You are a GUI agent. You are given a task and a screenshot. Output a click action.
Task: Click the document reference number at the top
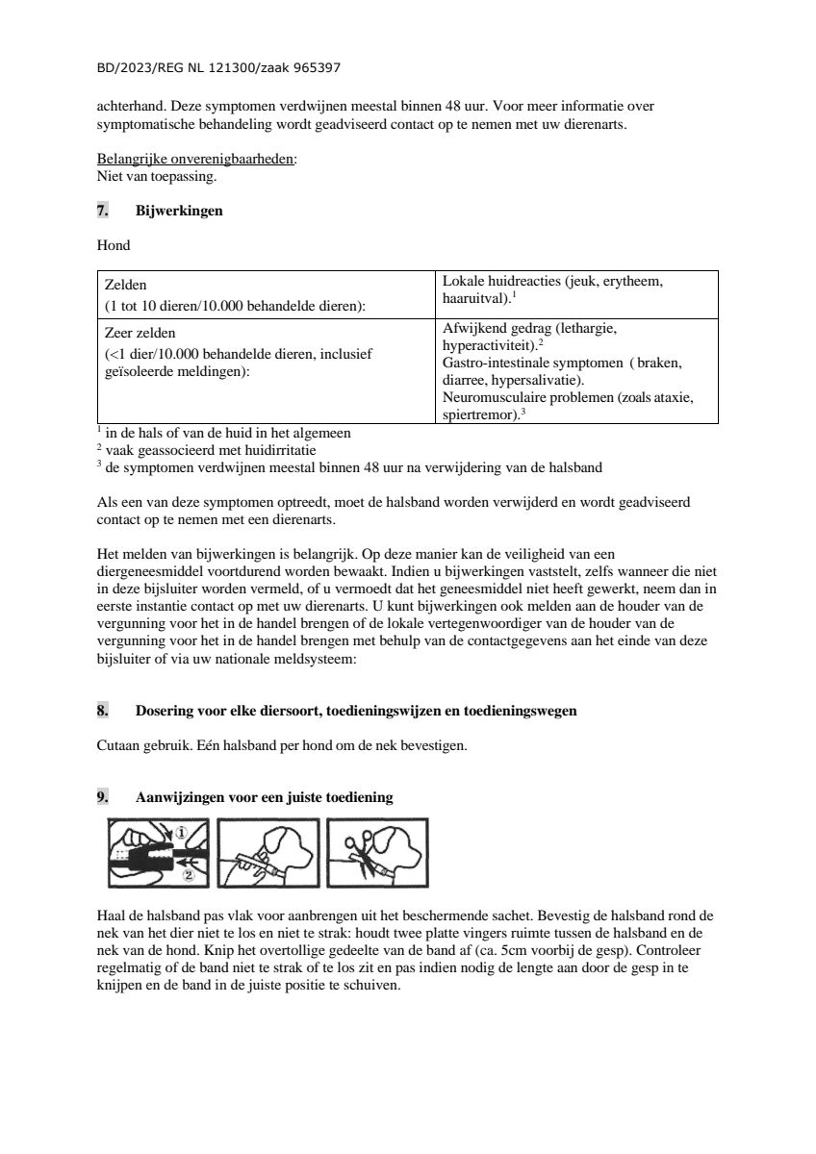tap(219, 68)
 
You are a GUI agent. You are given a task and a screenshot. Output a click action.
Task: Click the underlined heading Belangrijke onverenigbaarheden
tap(196, 160)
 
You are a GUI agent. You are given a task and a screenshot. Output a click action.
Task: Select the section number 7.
tap(103, 210)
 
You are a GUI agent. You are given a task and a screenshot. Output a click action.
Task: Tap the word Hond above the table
tap(114, 245)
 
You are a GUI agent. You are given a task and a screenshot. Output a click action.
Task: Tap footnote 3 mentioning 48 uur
tap(351, 467)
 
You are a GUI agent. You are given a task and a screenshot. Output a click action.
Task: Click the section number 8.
tap(103, 711)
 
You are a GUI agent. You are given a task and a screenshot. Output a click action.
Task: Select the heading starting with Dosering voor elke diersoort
tap(356, 711)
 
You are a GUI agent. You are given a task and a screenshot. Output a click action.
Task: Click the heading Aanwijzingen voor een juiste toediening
tap(264, 797)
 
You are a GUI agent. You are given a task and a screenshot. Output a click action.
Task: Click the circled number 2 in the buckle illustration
tap(188, 875)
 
